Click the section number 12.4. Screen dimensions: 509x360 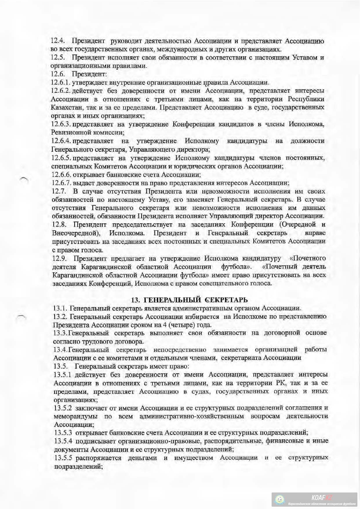pyautogui.click(x=57, y=41)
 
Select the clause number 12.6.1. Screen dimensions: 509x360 pyautogui.click(x=61, y=83)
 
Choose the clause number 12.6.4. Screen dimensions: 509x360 pyautogui.click(x=61, y=141)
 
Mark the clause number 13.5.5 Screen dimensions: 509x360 pyautogui.click(x=63, y=458)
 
